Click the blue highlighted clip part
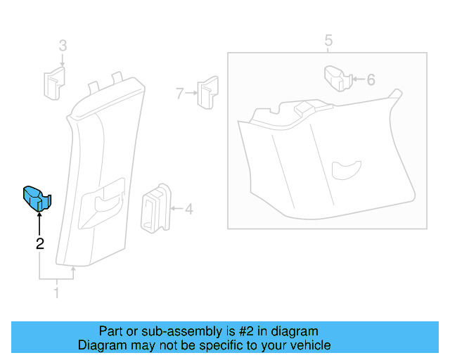click(37, 198)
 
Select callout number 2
click(40, 244)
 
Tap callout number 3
click(62, 46)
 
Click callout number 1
click(57, 292)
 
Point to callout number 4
click(189, 209)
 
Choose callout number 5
click(328, 41)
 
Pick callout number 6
click(371, 79)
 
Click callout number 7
click(180, 92)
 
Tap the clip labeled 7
click(206, 92)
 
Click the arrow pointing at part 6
click(356, 79)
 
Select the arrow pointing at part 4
click(176, 209)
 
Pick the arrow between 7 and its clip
click(190, 92)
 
